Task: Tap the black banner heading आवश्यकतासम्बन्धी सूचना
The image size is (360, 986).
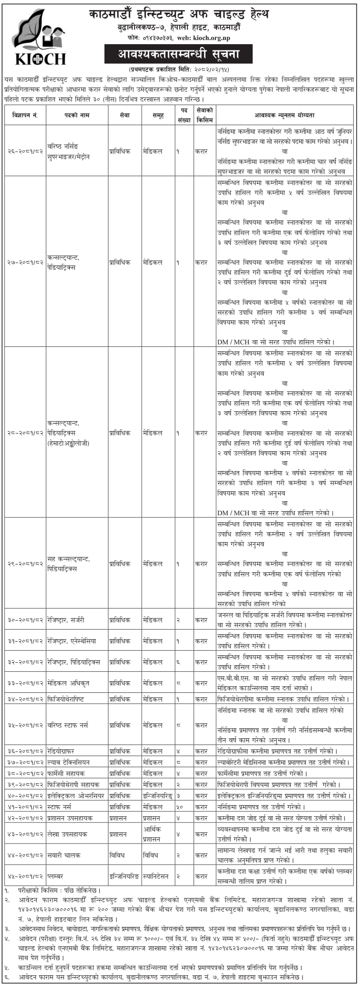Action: tap(178, 54)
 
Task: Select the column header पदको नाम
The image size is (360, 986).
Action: tap(76, 116)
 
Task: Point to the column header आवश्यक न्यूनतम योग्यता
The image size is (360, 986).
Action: tap(284, 116)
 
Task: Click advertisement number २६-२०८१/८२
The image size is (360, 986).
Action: tap(25, 152)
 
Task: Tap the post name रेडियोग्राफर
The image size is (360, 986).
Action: tap(61, 751)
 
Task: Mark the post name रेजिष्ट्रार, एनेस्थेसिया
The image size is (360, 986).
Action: tap(71, 641)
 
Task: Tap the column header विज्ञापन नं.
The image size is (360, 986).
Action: tap(25, 116)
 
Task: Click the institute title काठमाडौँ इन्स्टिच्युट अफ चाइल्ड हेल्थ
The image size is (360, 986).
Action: tap(179, 15)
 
